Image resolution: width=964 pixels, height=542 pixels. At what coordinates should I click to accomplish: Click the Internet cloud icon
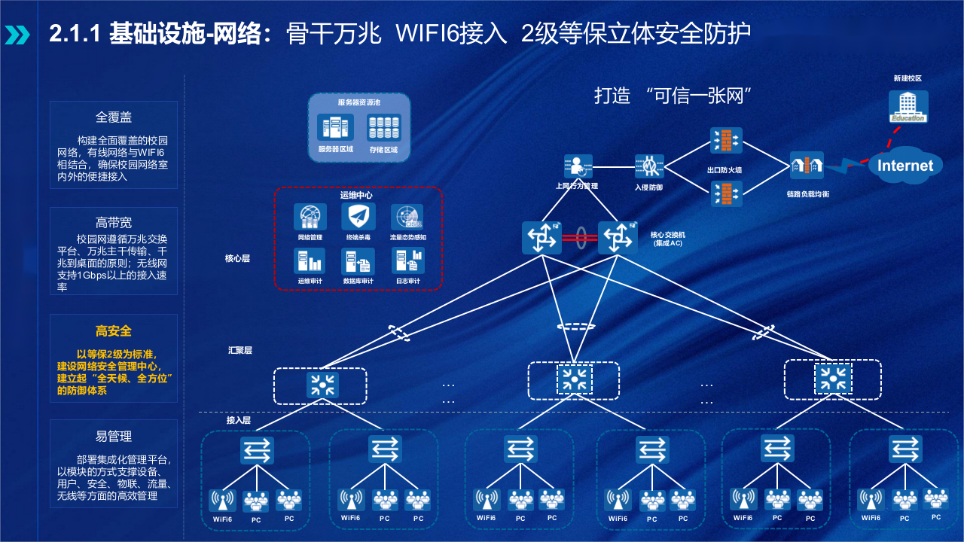point(905,166)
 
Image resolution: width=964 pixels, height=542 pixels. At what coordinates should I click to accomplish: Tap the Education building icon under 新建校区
point(908,106)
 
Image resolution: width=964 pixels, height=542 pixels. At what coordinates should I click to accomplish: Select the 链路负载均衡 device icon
point(806,166)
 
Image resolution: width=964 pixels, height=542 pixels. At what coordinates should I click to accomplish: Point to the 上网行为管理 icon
point(578,167)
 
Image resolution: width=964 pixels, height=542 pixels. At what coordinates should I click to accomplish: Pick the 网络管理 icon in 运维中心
point(310,218)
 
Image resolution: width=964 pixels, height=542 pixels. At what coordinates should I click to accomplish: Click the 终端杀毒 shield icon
point(358,217)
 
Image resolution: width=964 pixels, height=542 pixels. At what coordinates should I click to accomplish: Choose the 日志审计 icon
point(407,261)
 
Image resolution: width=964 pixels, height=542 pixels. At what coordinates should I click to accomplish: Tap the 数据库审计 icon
point(358,261)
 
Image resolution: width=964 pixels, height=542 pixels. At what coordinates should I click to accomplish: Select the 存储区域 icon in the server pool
point(383,128)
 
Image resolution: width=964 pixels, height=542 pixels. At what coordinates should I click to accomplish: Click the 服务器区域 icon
point(335,128)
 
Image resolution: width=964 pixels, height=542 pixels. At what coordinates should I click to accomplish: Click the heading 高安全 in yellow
point(114,331)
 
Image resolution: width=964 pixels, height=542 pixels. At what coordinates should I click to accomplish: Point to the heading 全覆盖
point(114,117)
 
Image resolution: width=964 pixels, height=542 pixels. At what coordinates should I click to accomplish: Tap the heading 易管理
point(114,437)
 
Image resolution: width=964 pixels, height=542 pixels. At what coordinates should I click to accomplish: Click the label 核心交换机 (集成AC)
point(667,239)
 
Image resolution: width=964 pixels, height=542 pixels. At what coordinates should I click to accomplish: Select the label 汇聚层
point(239,350)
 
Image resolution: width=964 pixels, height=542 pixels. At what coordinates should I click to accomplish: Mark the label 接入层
point(238,420)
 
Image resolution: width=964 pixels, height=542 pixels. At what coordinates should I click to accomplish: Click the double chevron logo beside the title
point(18,35)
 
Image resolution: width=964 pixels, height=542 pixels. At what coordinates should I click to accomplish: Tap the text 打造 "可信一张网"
point(674,96)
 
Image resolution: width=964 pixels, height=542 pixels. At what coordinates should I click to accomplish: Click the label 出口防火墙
point(724,171)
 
